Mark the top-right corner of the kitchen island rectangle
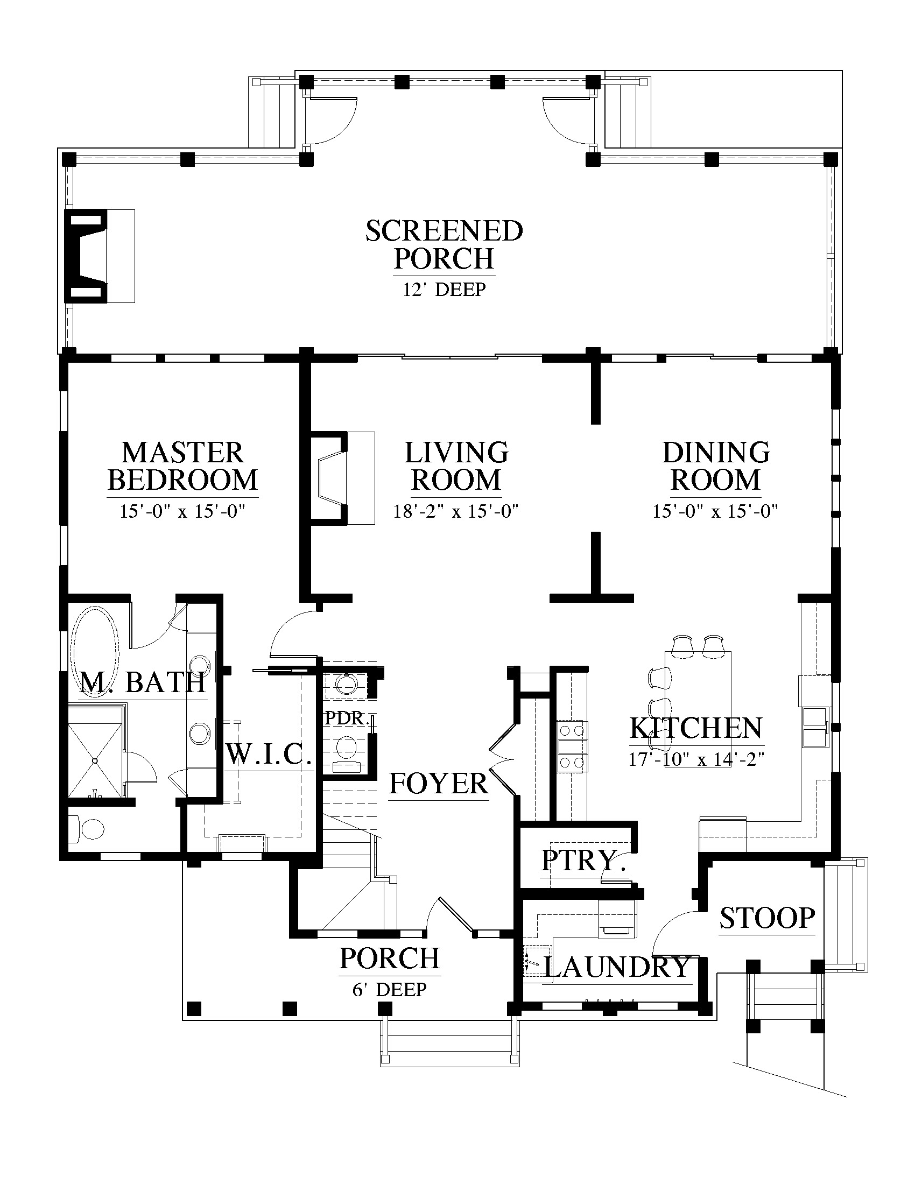(x=731, y=652)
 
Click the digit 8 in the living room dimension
(x=405, y=511)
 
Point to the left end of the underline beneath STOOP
(x=720, y=935)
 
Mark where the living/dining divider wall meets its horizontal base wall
(x=596, y=597)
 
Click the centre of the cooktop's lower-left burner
(x=565, y=762)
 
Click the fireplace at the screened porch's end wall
(x=99, y=255)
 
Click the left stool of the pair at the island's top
(x=682, y=645)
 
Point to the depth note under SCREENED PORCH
(x=444, y=290)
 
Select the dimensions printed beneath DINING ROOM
(x=715, y=511)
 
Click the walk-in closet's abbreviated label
(x=268, y=753)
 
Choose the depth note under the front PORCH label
(x=389, y=989)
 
